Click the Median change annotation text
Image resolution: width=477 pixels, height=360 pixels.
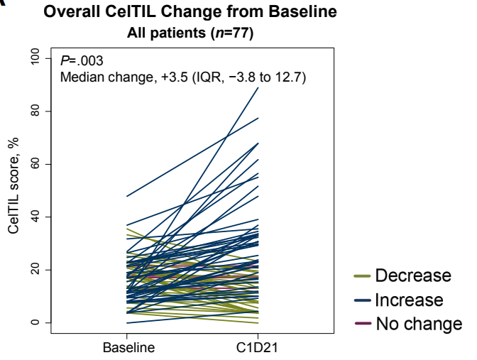[x=182, y=77]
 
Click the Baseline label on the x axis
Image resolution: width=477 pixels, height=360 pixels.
[x=127, y=348]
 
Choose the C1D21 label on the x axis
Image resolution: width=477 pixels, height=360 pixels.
[x=258, y=348]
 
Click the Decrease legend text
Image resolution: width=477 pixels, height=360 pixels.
[x=412, y=276]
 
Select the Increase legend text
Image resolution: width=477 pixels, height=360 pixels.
[x=409, y=300]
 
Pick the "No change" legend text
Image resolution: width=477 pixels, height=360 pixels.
[x=418, y=324]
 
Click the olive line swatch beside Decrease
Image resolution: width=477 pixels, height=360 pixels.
[x=362, y=276]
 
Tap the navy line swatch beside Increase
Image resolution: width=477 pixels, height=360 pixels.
[x=362, y=300]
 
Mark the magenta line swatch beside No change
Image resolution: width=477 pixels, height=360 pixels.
[x=362, y=324]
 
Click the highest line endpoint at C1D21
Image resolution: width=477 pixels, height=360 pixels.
[x=258, y=87]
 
